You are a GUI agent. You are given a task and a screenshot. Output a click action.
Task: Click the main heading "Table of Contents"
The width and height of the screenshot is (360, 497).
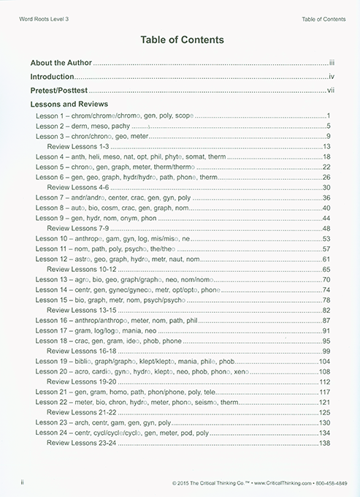coord(180,39)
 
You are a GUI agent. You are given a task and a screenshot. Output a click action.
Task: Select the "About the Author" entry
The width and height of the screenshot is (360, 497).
coord(61,64)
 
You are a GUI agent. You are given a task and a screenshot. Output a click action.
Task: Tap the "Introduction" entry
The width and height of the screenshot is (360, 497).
coord(52,77)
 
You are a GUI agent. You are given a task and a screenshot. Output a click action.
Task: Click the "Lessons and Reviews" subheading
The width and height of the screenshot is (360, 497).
coord(66,105)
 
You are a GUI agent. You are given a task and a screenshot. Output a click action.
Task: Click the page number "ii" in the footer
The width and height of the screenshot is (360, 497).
coord(24,483)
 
